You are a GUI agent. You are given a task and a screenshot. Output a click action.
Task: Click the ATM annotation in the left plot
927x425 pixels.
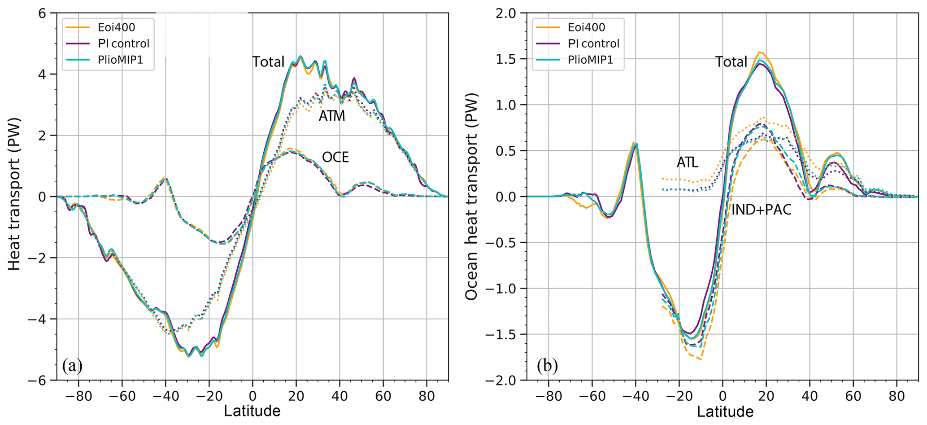pos(332,116)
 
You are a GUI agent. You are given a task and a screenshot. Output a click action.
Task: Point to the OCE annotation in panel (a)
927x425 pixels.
pos(335,157)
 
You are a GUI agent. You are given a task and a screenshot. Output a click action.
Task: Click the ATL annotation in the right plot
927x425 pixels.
pos(687,162)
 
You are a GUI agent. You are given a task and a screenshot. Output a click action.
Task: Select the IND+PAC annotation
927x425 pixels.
pos(761,209)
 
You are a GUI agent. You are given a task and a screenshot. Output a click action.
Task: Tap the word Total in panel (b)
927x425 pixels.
pos(731,62)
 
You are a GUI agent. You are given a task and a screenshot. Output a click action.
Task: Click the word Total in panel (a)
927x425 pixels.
pos(268,62)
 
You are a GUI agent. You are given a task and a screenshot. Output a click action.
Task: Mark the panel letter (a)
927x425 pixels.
pos(72,366)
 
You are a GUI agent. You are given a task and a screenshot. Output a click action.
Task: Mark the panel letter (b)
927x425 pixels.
pos(547,366)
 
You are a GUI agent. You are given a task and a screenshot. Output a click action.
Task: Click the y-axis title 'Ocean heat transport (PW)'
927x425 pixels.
pos(471,197)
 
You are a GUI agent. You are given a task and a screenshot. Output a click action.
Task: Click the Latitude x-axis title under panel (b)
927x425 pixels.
pos(725,411)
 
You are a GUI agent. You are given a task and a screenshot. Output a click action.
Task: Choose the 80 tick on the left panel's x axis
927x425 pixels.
pos(427,397)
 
